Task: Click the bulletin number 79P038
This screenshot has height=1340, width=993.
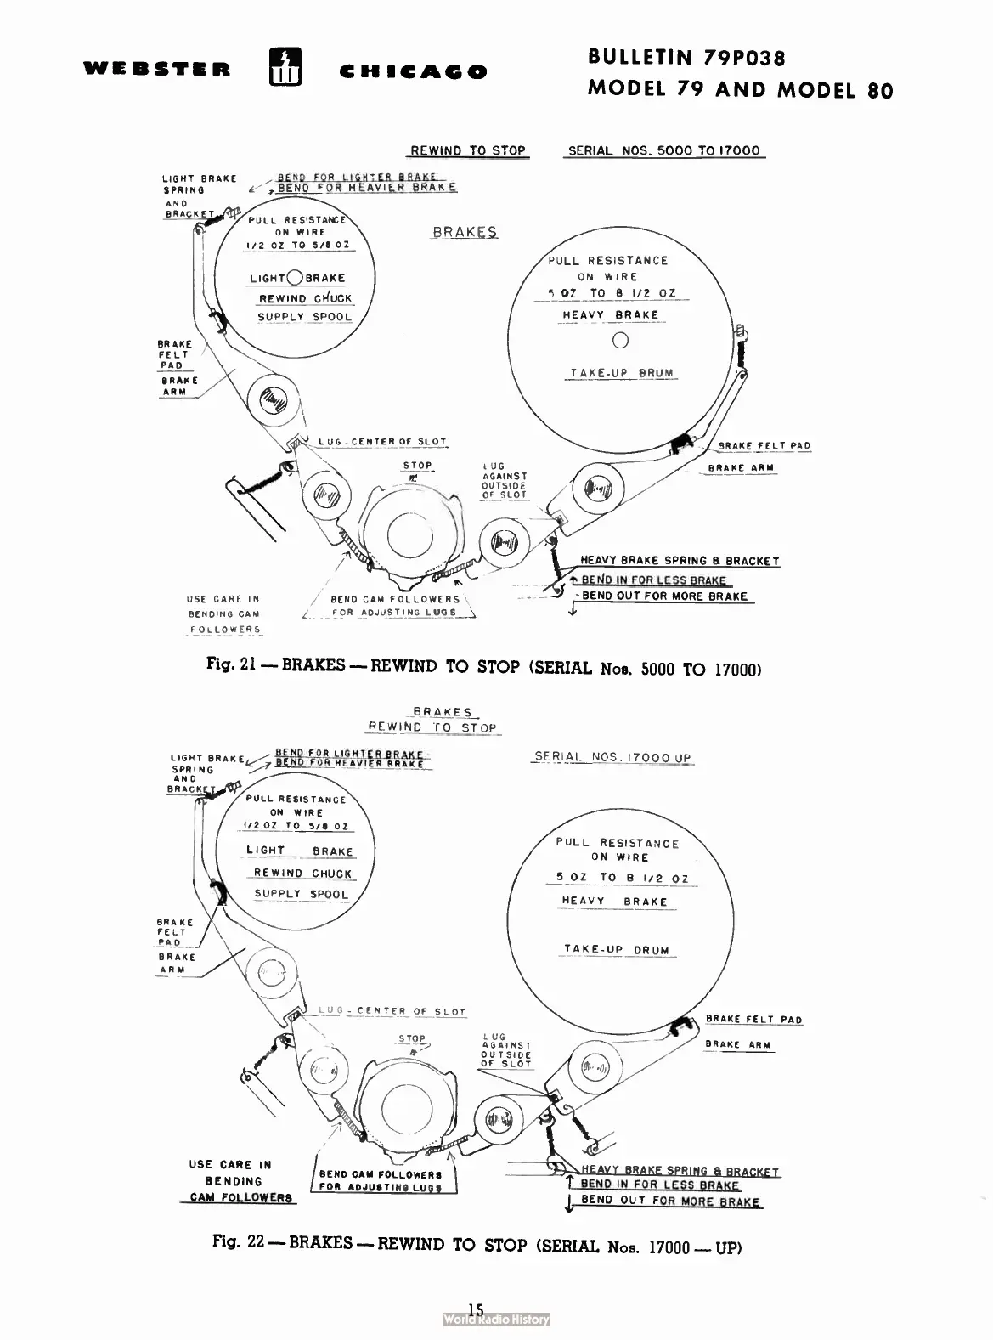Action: pyautogui.click(x=743, y=58)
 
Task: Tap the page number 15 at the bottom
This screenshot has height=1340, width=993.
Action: pyautogui.click(x=475, y=1309)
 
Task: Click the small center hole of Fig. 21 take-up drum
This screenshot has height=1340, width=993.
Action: pyautogui.click(x=620, y=341)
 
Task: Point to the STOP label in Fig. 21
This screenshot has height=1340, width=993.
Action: pyautogui.click(x=417, y=466)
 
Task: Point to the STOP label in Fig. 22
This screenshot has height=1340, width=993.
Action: pyautogui.click(x=412, y=1038)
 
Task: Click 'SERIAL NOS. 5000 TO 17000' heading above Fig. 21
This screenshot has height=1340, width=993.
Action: pyautogui.click(x=664, y=150)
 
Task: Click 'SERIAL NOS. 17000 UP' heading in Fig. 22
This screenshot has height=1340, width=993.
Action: pyautogui.click(x=612, y=757)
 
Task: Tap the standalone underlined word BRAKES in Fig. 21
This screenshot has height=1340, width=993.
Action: pyautogui.click(x=465, y=232)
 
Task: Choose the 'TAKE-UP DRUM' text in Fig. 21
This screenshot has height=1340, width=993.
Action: pyautogui.click(x=622, y=373)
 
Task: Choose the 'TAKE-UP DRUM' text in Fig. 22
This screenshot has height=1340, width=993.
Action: pyautogui.click(x=617, y=950)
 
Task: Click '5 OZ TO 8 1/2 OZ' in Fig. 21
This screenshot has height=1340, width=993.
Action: pyautogui.click(x=618, y=293)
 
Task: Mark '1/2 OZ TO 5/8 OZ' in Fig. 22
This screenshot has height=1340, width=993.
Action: pyautogui.click(x=296, y=825)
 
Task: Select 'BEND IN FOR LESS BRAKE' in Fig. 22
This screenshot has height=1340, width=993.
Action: pyautogui.click(x=660, y=1185)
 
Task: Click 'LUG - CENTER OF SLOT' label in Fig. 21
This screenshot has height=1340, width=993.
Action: pyautogui.click(x=383, y=442)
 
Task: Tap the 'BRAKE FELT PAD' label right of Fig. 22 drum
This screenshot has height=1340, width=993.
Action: pyautogui.click(x=753, y=1020)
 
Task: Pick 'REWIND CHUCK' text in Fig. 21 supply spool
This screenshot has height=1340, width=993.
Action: pyautogui.click(x=305, y=298)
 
